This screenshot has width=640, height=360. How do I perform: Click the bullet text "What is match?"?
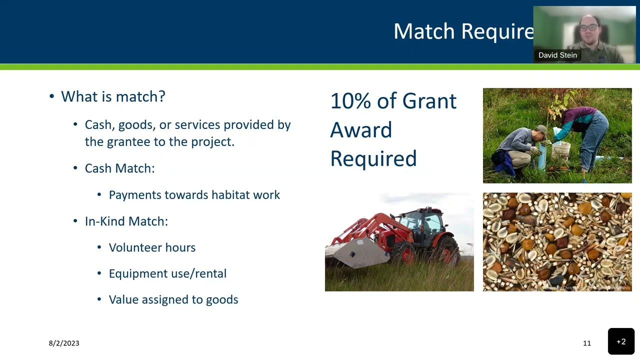[113, 96]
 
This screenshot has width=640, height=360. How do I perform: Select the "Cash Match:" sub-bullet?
[119, 168]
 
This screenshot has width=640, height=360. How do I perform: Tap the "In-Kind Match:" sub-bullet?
[126, 221]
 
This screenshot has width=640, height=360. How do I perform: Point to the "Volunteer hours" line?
[152, 247]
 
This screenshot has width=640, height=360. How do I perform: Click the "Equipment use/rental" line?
[167, 273]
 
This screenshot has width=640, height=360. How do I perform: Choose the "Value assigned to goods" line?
[173, 299]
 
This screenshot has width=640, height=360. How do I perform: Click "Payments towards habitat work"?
[194, 195]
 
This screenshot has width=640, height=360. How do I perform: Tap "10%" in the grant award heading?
[350, 101]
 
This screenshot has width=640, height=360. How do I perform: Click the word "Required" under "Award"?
[373, 159]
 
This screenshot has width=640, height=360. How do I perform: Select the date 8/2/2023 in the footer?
[64, 343]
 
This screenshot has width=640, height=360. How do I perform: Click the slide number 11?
[586, 343]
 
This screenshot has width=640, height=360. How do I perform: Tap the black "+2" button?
[621, 341]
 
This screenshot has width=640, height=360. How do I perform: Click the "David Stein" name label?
[557, 55]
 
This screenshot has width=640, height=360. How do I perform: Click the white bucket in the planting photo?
[561, 150]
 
